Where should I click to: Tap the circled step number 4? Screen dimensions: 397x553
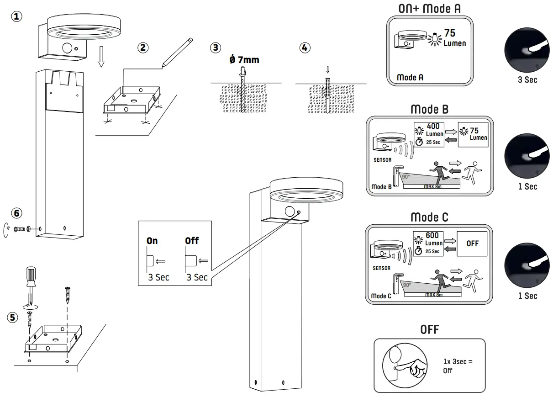tap(304, 48)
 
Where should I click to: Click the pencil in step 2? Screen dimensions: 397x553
tap(176, 53)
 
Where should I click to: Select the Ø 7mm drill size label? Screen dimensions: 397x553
tap(244, 60)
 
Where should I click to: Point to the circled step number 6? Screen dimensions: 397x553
tap(16, 213)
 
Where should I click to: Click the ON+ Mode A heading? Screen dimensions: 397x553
tap(429, 9)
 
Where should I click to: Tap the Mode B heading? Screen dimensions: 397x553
tap(429, 109)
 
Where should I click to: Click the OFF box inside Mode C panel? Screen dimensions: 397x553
tap(472, 243)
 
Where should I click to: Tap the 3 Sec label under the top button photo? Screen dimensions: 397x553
tap(527, 79)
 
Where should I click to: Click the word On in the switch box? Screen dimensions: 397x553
tap(152, 241)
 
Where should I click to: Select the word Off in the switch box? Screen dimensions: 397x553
tap(192, 240)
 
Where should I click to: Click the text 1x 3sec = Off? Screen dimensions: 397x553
tap(458, 366)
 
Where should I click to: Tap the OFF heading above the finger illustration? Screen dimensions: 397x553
tap(429, 329)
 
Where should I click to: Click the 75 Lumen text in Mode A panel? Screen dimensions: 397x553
tap(454, 38)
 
